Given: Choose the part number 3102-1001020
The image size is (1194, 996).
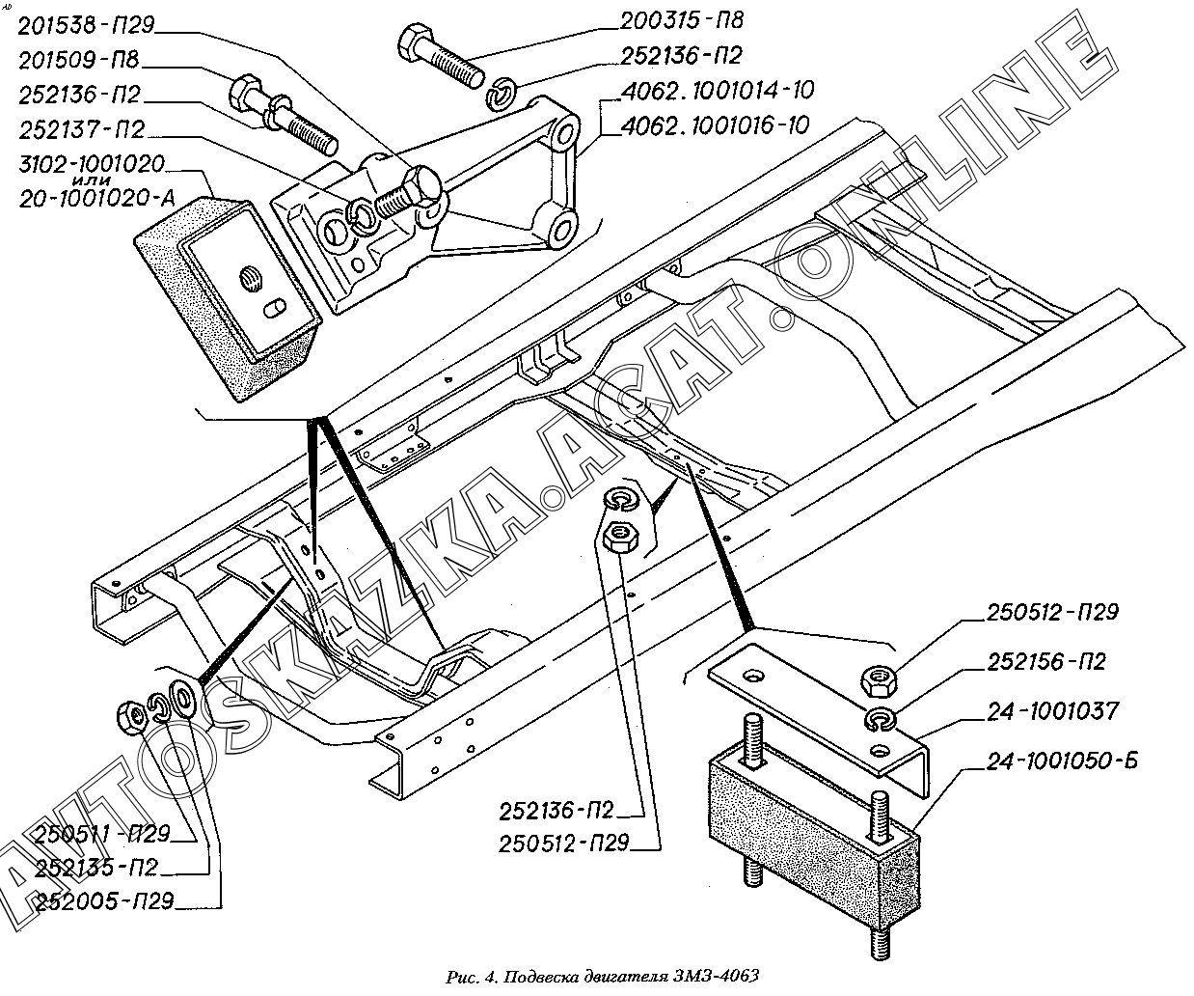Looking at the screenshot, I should pos(92,163).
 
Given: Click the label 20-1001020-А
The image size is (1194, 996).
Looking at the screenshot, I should pos(97,199).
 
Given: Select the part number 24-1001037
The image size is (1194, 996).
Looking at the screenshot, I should pos(1053,712).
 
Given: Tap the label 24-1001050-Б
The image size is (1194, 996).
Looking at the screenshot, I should pos(1062,762).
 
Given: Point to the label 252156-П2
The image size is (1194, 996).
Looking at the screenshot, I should pos(1046,663).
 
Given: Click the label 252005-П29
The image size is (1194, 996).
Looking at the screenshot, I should pos(103,901).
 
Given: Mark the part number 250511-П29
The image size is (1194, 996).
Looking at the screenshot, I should pos(100,834).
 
